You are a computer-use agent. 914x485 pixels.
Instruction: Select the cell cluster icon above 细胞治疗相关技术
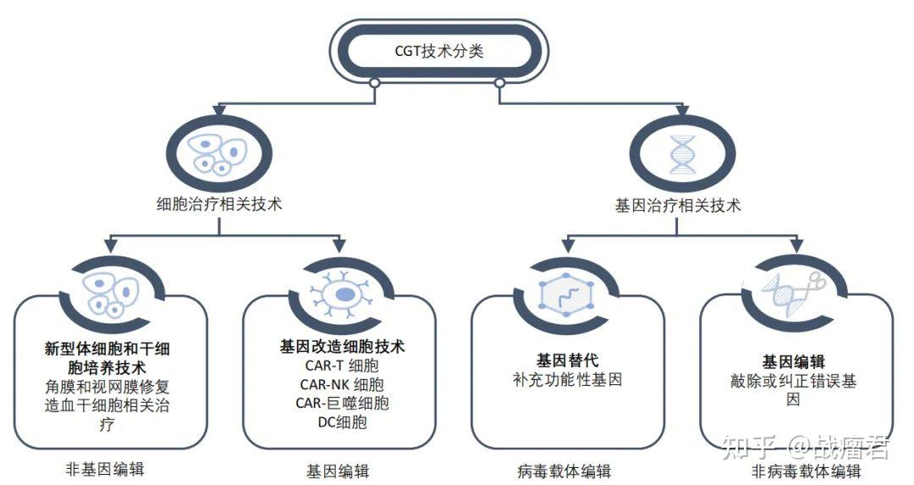click(219, 153)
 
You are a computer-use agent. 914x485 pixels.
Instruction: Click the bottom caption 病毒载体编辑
click(564, 471)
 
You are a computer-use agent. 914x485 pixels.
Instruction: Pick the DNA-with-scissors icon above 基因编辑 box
click(793, 293)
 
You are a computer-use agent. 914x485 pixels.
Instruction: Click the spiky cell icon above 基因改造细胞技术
click(342, 293)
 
